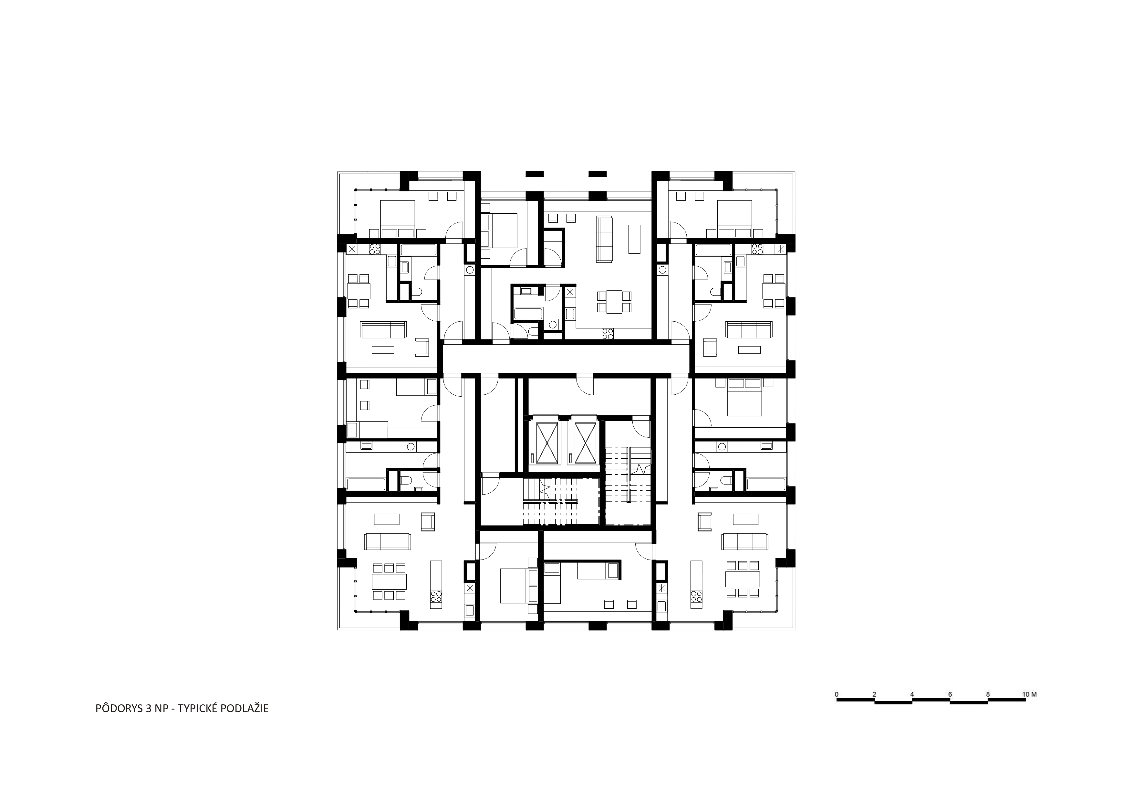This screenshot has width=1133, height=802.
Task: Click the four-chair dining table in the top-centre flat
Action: [614, 302]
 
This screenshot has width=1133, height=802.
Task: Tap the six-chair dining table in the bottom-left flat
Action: [389, 581]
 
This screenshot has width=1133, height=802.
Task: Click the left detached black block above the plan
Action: [535, 174]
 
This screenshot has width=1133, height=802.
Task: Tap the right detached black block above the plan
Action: [598, 174]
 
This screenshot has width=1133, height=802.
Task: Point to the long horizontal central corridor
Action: [566, 359]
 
